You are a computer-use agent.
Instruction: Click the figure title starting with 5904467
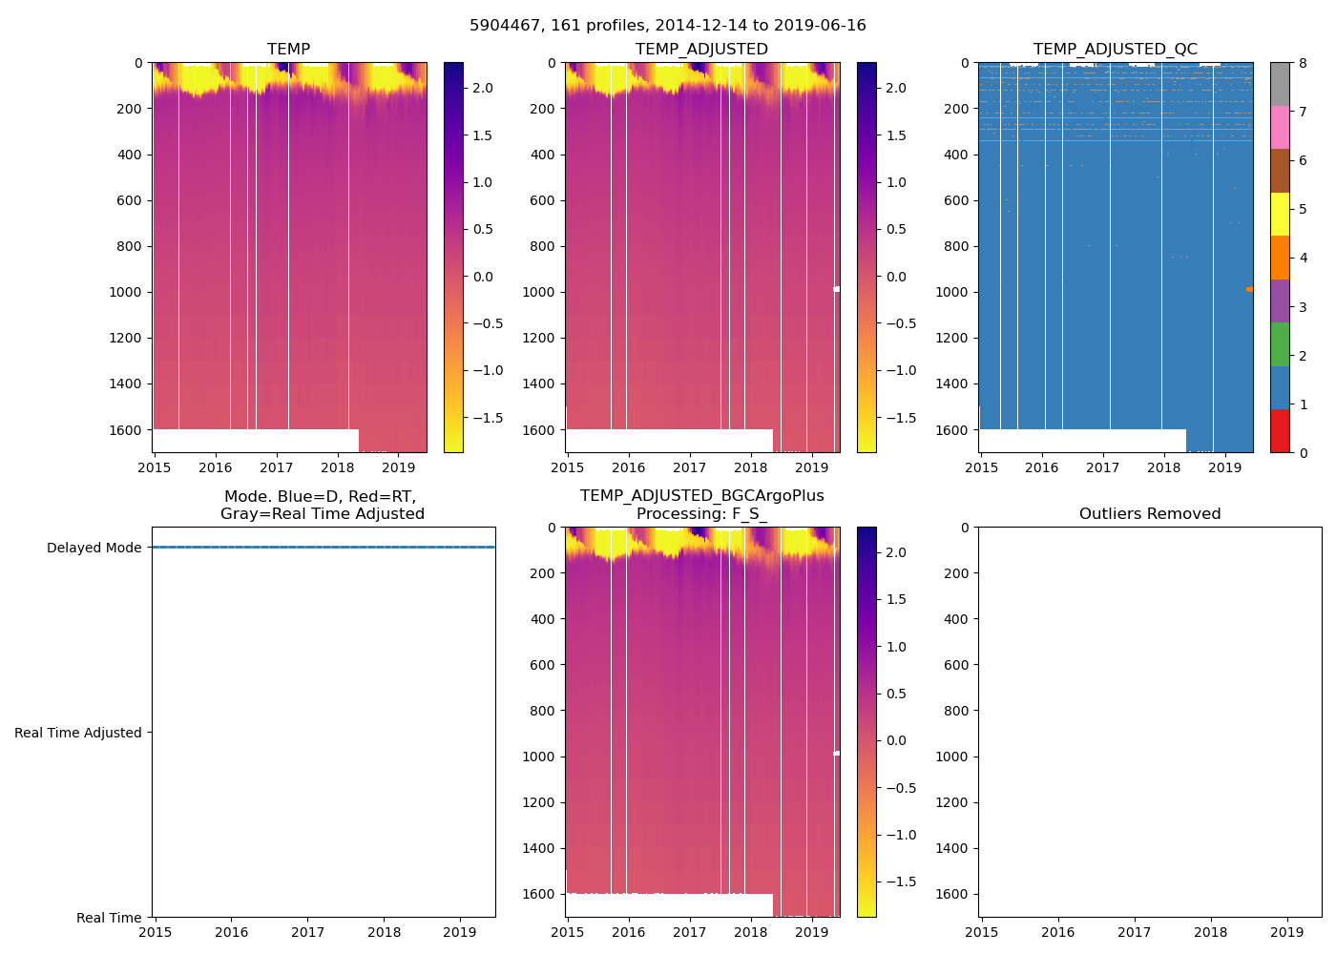668,26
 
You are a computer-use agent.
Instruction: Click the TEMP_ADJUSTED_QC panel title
1115,50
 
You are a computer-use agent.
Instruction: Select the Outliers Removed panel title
1149,514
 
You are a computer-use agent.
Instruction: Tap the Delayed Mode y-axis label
94,548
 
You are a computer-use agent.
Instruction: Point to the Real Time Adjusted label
77,733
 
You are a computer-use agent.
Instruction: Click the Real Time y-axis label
109,918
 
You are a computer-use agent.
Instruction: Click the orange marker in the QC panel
1249,288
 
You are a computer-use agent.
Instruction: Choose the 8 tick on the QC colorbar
1303,63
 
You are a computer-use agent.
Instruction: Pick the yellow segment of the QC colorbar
1280,214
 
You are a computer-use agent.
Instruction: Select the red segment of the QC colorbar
1280,431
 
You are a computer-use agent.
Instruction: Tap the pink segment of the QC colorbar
1280,127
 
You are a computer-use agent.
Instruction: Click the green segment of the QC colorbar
1280,344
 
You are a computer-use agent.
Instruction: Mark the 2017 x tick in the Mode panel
307,932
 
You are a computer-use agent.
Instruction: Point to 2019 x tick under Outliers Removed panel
1286,932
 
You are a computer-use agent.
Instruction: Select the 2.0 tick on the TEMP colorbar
483,88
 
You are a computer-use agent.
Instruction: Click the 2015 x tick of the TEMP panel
155,467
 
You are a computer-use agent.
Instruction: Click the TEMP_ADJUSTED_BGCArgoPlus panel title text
701,496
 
